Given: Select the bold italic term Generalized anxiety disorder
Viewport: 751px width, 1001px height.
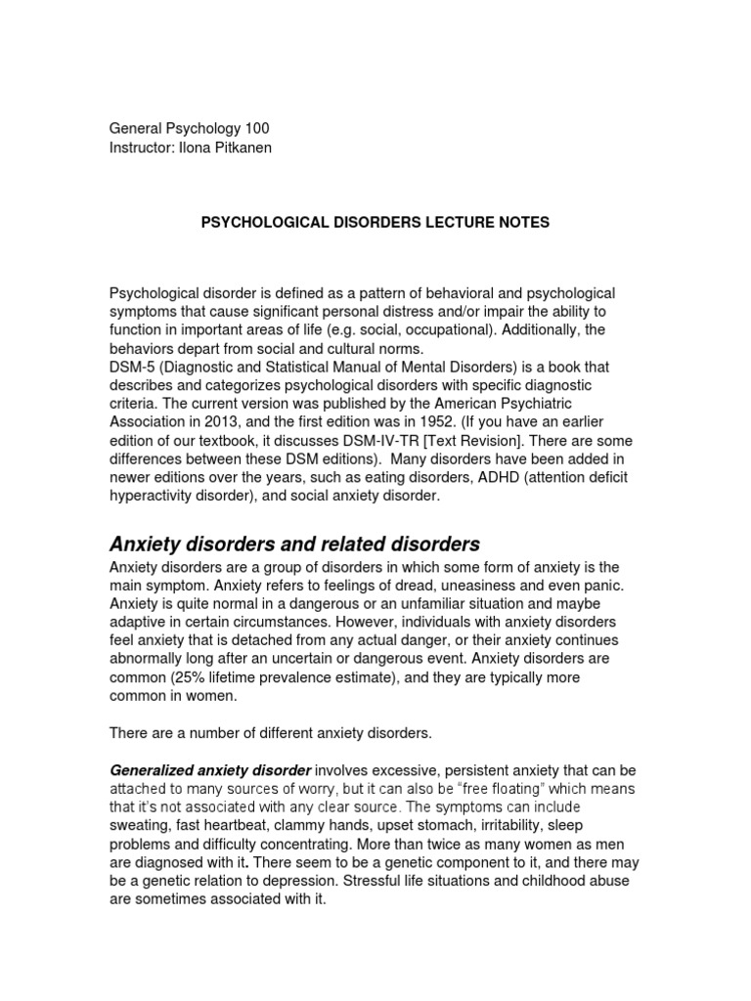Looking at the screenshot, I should [x=210, y=769].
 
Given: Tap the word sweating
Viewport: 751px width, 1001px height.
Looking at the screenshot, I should [x=142, y=826].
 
